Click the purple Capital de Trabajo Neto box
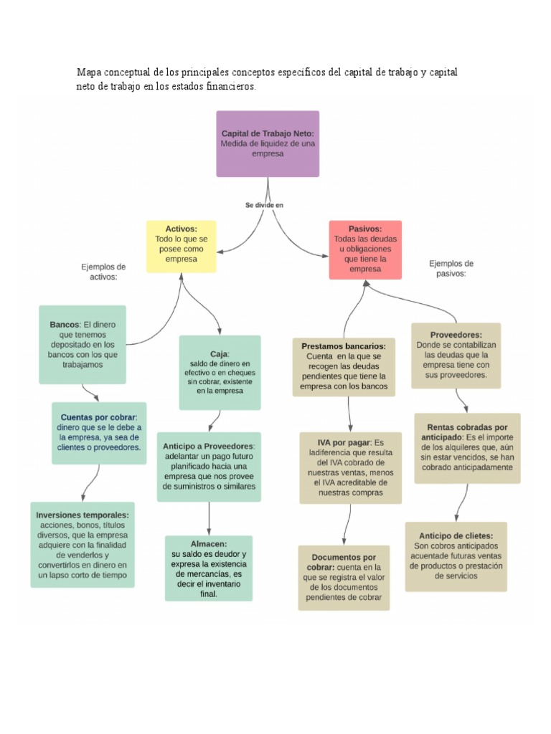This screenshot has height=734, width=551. pos(268,143)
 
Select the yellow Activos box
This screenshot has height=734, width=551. pos(182,246)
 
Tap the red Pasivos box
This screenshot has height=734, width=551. pos(365,249)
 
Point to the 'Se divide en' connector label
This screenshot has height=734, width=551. pos(265,205)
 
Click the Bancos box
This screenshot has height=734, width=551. pos(83,344)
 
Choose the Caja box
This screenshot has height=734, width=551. pos(220,372)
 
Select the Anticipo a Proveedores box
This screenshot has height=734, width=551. pos(209,466)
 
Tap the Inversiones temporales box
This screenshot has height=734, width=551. pos(83,545)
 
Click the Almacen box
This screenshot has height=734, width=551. pos(209,568)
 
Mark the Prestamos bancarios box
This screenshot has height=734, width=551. pos(344,366)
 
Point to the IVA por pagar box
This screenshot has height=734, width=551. pos(351,467)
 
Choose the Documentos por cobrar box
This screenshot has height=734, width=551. pos(344,577)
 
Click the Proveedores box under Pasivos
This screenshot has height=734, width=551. pos(456,355)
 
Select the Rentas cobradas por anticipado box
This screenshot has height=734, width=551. pos(467,447)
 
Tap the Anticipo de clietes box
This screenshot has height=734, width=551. pos(456,556)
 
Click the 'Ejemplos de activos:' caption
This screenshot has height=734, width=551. pos(103,271)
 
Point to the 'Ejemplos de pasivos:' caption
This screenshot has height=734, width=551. pos(451,268)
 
